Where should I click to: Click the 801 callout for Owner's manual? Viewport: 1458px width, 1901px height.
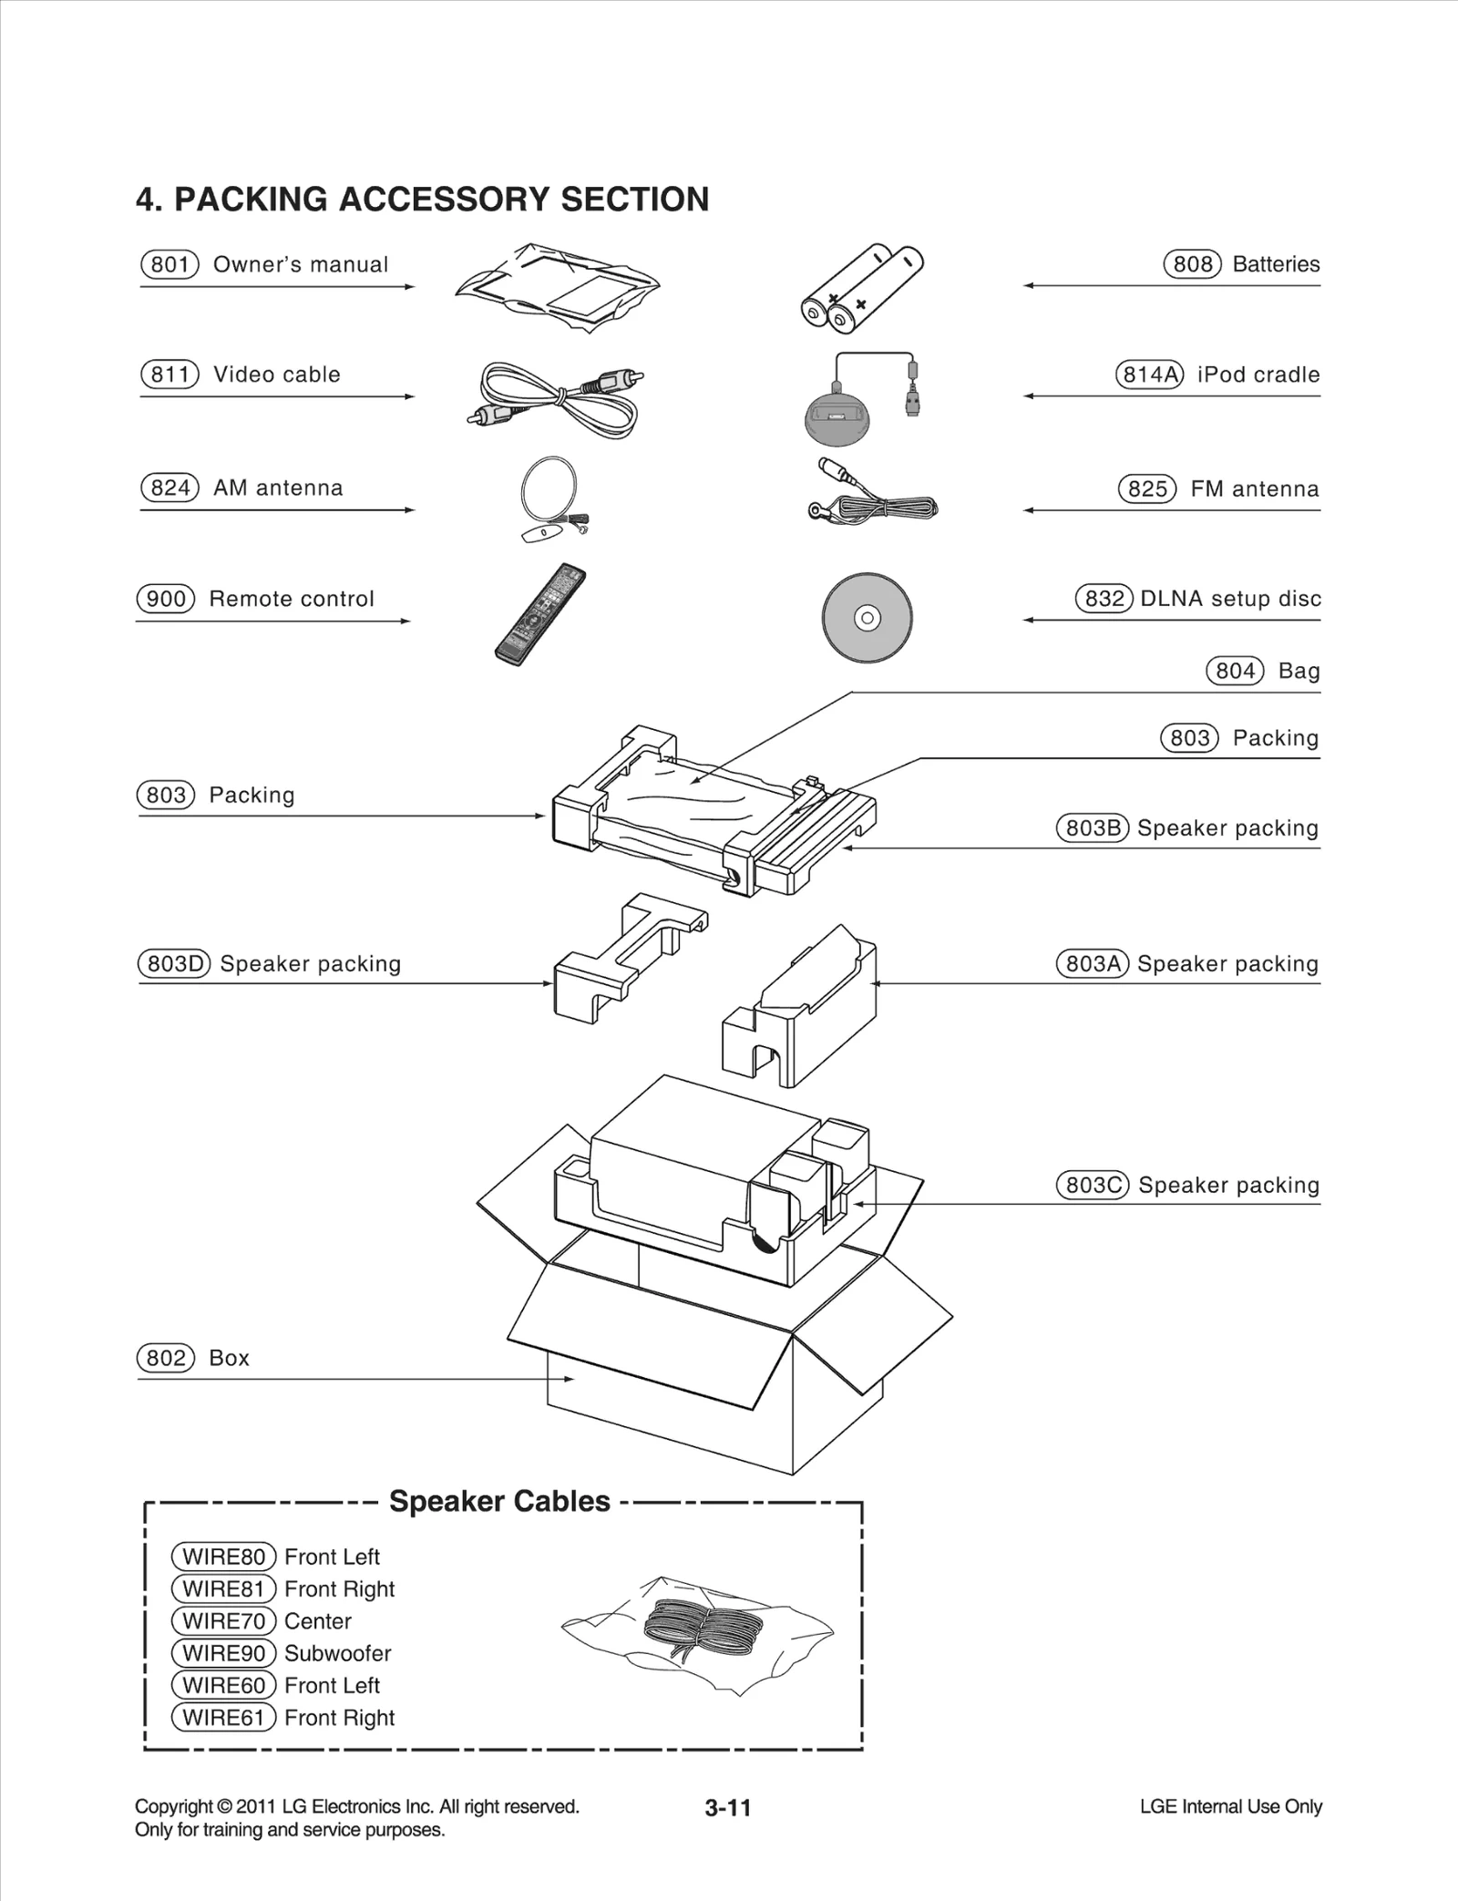click(169, 264)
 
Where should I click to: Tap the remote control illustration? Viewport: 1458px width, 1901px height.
click(539, 614)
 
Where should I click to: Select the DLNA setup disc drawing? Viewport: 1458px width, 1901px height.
click(867, 618)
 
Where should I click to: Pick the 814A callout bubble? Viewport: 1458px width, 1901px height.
click(1149, 375)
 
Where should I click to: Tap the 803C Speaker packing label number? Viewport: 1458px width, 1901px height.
click(1092, 1185)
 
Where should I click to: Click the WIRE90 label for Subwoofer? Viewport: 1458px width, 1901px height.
click(223, 1653)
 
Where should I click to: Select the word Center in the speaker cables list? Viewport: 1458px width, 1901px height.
click(317, 1621)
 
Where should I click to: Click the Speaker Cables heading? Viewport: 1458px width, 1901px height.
click(499, 1501)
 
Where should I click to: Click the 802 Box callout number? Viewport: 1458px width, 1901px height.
click(166, 1358)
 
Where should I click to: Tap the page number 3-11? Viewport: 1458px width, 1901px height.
click(727, 1808)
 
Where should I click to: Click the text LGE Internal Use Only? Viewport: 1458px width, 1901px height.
click(1230, 1806)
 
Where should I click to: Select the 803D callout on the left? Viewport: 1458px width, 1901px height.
click(173, 963)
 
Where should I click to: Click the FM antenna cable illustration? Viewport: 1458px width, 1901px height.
click(872, 498)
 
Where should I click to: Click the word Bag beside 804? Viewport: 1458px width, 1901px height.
click(1299, 671)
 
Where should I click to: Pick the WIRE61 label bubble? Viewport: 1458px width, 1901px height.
click(223, 1718)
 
